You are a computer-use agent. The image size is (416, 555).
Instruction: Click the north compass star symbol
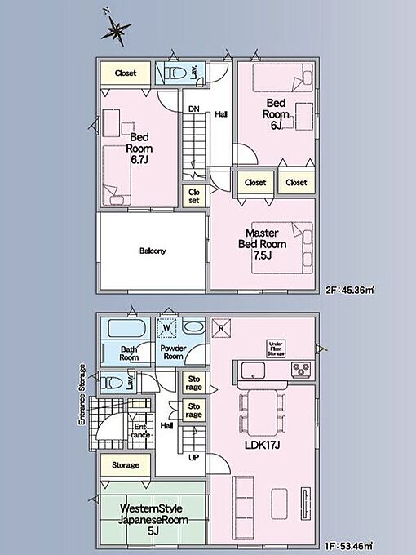[x=116, y=31]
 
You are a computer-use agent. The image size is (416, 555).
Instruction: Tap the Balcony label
[x=153, y=251]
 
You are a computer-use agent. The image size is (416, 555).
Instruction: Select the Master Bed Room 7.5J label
[x=262, y=244]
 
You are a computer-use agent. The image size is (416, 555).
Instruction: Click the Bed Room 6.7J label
[x=139, y=149]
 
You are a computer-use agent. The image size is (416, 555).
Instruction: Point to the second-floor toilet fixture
[x=175, y=73]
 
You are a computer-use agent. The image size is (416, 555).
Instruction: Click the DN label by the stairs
[x=194, y=109]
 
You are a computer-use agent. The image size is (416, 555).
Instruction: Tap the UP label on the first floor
[x=193, y=457]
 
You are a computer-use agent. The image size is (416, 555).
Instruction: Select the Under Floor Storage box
[x=276, y=349]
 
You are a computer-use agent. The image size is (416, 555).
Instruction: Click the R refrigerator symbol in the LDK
[x=221, y=328]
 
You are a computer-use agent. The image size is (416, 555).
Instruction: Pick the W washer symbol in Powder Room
[x=166, y=327]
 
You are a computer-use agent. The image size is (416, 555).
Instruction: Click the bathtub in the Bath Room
[x=126, y=328]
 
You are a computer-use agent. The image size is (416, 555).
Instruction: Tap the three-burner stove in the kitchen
[x=301, y=369]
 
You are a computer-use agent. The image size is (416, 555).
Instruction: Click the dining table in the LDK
[x=262, y=412]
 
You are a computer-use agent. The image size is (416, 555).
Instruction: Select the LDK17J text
[x=263, y=446]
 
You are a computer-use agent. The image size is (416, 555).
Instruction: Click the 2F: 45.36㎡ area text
[x=349, y=291]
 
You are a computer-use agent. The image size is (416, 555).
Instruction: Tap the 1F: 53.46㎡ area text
[x=349, y=546]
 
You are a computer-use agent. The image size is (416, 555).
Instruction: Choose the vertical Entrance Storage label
[x=82, y=394]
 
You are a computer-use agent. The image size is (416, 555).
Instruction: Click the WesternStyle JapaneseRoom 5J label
[x=153, y=520]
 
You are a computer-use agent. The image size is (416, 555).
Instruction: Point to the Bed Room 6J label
[x=276, y=114]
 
